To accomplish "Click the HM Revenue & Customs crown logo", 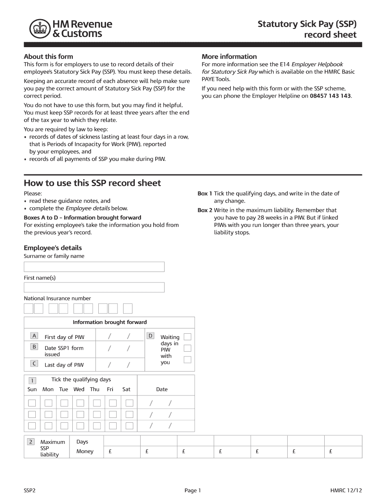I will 39,29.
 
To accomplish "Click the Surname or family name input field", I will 94,267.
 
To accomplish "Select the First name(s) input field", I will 94,287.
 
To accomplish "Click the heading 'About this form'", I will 48,57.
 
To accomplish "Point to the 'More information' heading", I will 229,57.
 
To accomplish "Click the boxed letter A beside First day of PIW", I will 35,336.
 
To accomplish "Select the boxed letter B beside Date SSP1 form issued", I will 35,347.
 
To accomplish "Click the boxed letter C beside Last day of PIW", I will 35,363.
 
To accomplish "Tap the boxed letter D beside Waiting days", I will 150,336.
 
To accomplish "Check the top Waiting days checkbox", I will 187,337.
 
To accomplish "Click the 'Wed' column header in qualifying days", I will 79,389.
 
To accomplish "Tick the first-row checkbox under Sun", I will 32,403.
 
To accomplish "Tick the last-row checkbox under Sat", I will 129,426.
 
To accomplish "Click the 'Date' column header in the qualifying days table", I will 162,389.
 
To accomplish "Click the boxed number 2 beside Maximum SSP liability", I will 31,442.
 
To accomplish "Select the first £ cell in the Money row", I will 122,452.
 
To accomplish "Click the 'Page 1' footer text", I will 193,491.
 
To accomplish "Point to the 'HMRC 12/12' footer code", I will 346,491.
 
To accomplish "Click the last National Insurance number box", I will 128,309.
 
